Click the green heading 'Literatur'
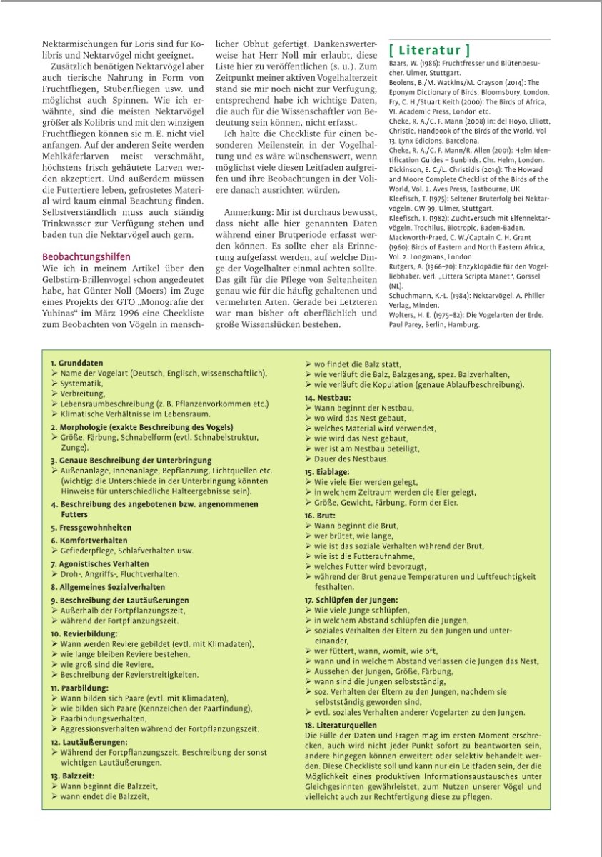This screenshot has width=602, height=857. (x=429, y=50)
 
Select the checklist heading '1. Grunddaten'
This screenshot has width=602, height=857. (x=77, y=363)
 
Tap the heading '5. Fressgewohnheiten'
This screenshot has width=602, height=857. (x=91, y=527)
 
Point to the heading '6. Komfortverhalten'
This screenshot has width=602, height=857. (x=89, y=541)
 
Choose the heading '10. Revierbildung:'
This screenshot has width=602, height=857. (x=84, y=633)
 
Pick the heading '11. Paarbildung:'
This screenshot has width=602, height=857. (x=79, y=688)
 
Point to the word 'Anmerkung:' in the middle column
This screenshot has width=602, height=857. (x=247, y=213)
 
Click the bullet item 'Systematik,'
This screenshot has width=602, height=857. (x=83, y=384)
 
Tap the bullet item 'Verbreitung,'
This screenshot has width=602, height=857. (x=84, y=394)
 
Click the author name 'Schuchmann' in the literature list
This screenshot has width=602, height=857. (x=410, y=295)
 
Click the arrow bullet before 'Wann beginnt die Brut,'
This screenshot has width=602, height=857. (x=308, y=526)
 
